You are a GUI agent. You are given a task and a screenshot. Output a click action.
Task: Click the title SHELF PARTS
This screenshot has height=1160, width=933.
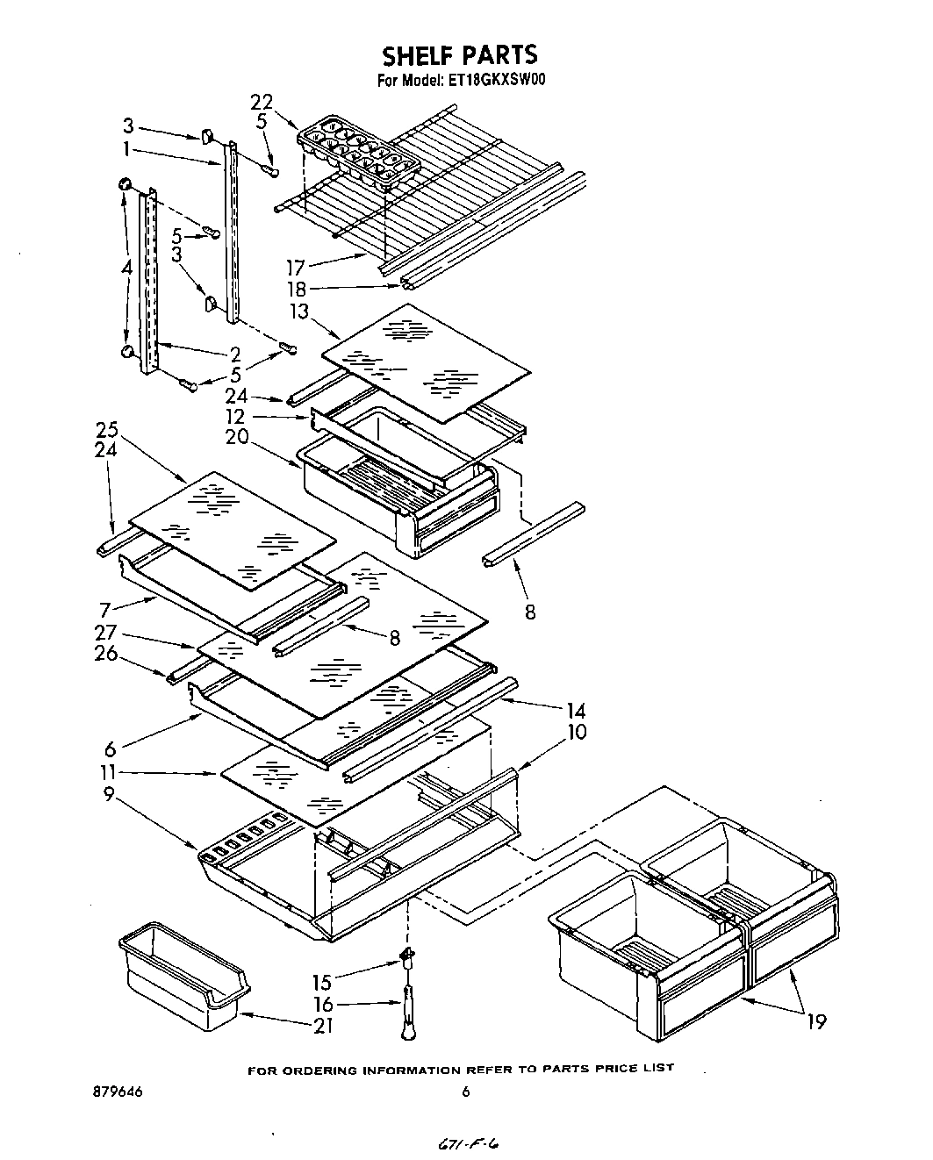point(459,54)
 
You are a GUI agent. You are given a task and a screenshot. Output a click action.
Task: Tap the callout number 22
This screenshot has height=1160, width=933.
point(262,102)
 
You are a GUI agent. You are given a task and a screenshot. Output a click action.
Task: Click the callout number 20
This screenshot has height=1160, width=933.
point(236,436)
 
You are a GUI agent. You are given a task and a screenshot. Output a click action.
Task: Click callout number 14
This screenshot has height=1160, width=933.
point(576,710)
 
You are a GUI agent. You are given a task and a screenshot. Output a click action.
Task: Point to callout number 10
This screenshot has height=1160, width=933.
point(577,731)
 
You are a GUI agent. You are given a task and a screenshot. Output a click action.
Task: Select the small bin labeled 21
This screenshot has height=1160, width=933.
point(183,974)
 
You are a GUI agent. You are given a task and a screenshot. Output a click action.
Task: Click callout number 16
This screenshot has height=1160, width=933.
point(323,1004)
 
